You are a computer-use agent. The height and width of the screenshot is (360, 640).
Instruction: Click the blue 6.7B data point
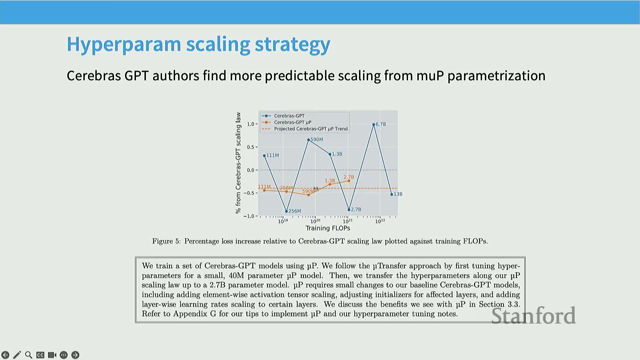tap(374, 124)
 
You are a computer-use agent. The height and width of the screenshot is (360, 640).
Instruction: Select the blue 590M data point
tap(309, 140)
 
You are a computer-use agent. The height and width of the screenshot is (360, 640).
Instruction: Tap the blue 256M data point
tap(286, 211)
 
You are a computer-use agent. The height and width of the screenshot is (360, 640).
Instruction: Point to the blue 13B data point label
tap(398, 194)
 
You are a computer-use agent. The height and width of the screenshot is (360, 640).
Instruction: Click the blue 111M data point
tap(264, 156)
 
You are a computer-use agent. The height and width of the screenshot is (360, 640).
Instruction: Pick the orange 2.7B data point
tap(349, 181)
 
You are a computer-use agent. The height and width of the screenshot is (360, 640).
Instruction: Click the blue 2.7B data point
tap(349, 210)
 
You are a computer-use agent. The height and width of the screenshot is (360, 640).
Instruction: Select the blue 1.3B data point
tap(330, 154)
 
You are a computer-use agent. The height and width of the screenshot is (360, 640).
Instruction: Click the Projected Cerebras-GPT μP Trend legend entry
tap(305, 129)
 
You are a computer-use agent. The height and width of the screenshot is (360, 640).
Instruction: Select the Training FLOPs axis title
tap(328, 228)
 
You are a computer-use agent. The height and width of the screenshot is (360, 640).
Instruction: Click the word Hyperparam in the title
tap(124, 44)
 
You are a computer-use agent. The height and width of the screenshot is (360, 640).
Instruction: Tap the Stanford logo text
tap(533, 316)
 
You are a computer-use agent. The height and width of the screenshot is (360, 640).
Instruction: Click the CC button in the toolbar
tap(40, 355)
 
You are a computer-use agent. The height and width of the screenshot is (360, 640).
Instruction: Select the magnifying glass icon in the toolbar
tap(29, 355)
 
